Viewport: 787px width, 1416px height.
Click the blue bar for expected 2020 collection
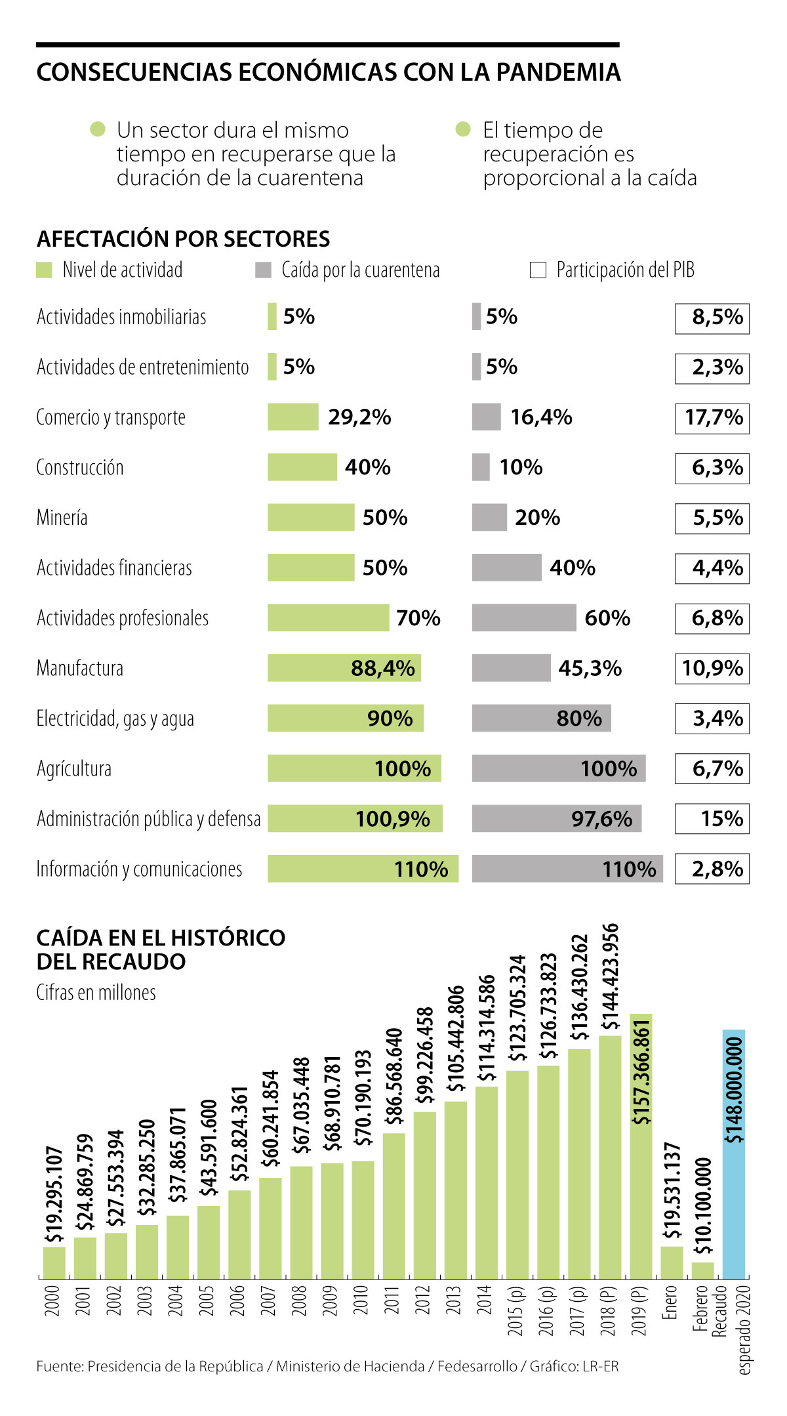pyautogui.click(x=734, y=1155)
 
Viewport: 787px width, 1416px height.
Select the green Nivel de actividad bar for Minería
pyautogui.click(x=310, y=517)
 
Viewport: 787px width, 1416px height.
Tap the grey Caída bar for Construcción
pyautogui.click(x=481, y=467)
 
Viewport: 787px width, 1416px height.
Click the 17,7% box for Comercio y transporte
pyautogui.click(x=712, y=417)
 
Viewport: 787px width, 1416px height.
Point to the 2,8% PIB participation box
pyautogui.click(x=712, y=869)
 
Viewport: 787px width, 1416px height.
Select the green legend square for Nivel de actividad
pyautogui.click(x=44, y=270)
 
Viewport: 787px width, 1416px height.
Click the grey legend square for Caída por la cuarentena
pyautogui.click(x=263, y=270)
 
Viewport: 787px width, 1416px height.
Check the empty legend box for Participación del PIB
pyautogui.click(x=538, y=270)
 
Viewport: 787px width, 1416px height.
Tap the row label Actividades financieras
pyautogui.click(x=114, y=568)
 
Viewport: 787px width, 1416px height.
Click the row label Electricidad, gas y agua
pyautogui.click(x=115, y=718)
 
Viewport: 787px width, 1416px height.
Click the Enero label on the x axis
pyautogui.click(x=670, y=1302)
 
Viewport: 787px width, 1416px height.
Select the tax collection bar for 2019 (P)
pyautogui.click(x=641, y=1148)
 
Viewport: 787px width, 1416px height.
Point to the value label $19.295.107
pyautogui.click(x=54, y=1194)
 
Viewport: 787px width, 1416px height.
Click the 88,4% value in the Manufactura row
pyautogui.click(x=382, y=668)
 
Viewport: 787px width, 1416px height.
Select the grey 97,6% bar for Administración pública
pyautogui.click(x=556, y=818)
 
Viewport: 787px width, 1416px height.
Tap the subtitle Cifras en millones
pyautogui.click(x=96, y=992)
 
